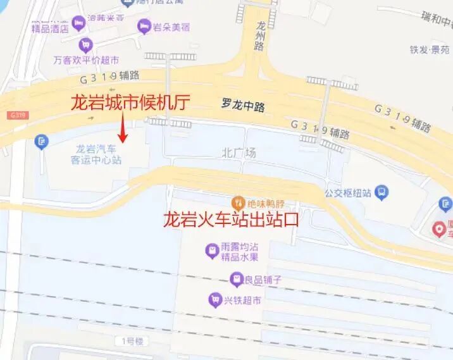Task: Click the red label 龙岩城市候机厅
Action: [x=130, y=102]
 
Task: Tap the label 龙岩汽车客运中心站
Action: [x=97, y=154]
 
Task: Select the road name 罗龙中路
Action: [x=244, y=106]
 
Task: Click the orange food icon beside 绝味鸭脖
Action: [x=238, y=203]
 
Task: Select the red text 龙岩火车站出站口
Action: [x=230, y=220]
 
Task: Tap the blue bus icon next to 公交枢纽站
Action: [x=382, y=191]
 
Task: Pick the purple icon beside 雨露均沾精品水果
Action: [x=211, y=252]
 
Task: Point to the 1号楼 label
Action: [x=133, y=341]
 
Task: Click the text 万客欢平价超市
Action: [x=86, y=61]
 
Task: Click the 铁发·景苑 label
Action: [x=429, y=50]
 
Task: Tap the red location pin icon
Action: [x=438, y=230]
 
